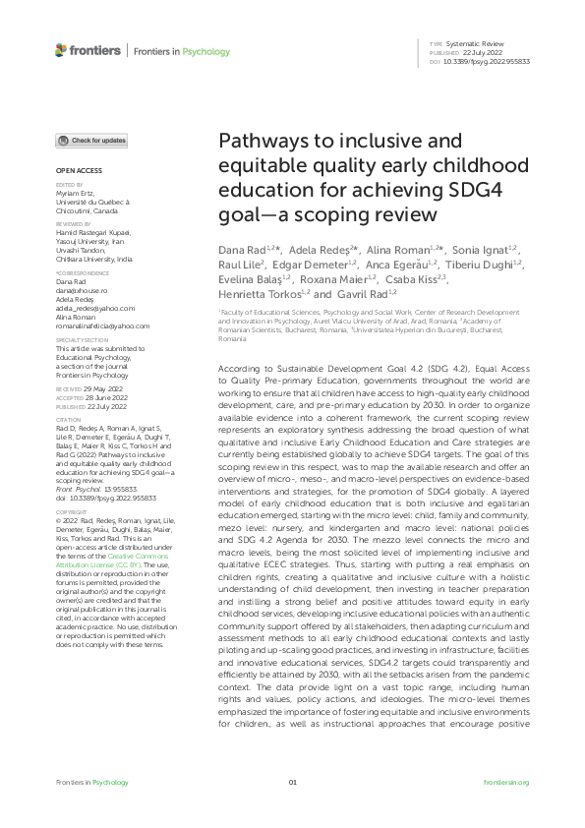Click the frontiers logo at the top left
click(88, 49)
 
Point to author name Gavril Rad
click(366, 293)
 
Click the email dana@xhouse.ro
click(78, 292)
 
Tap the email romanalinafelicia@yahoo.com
click(102, 325)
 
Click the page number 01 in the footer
click(292, 782)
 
